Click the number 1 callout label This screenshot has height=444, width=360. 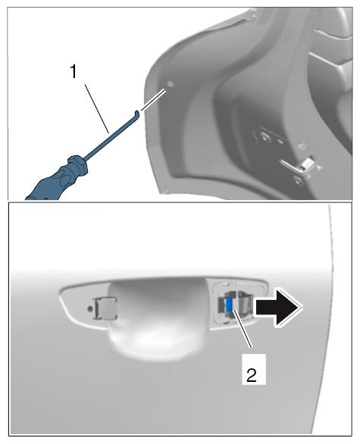[x=74, y=72]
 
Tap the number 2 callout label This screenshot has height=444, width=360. [x=252, y=375]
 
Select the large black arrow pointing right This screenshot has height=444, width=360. [x=278, y=308]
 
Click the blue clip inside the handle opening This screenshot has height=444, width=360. [x=230, y=305]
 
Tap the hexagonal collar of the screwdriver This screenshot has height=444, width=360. [x=77, y=164]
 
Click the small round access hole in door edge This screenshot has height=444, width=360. [x=170, y=84]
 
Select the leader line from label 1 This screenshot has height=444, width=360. [x=96, y=108]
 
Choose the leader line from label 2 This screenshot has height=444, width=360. [x=243, y=329]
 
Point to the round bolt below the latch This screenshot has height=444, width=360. [x=298, y=180]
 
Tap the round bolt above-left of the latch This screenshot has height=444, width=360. [x=265, y=138]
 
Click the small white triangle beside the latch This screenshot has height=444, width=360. [x=319, y=167]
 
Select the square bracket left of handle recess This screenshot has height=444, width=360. [x=105, y=308]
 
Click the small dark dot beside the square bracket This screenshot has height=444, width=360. [x=90, y=308]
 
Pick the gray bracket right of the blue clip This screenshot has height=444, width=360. [x=246, y=304]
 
